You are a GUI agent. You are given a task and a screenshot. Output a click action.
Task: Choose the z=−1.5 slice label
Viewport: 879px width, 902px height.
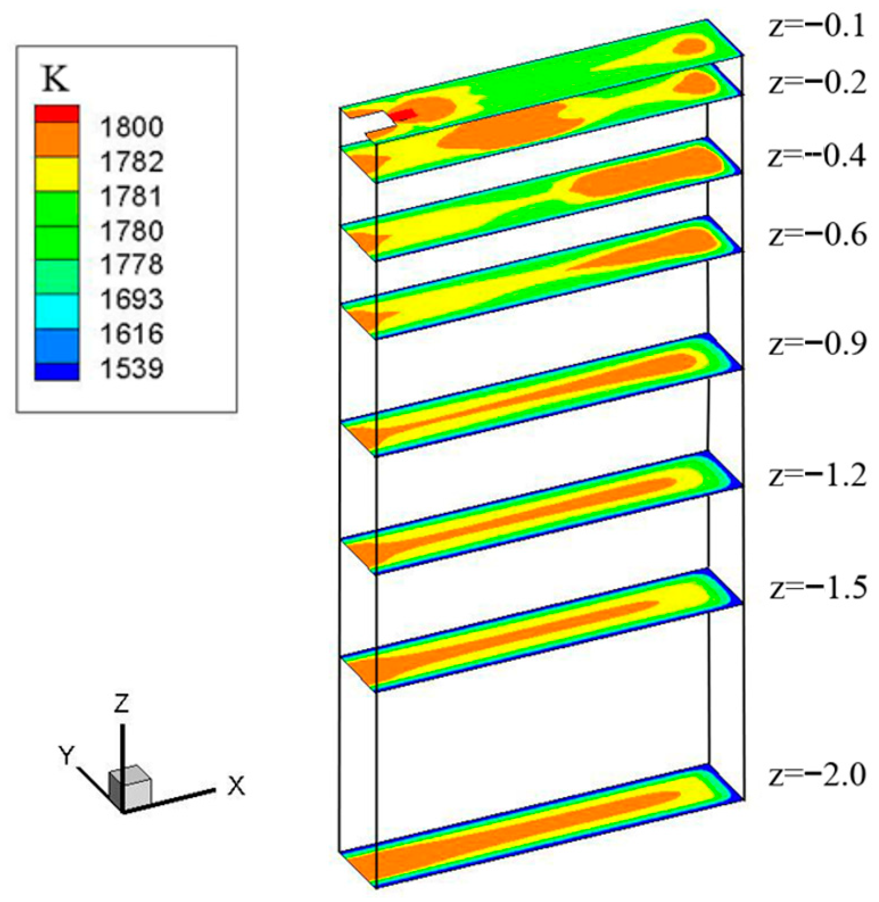[818, 588]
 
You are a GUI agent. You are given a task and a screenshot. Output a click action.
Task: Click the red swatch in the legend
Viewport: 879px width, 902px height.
[57, 114]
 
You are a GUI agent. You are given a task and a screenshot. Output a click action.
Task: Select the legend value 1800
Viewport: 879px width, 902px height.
[132, 127]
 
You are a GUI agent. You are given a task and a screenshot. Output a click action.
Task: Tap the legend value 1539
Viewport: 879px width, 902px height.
[132, 368]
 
